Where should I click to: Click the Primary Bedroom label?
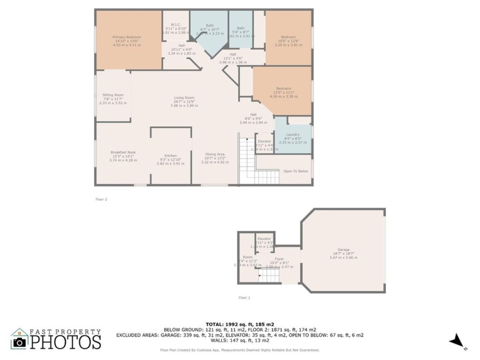(x=126, y=37)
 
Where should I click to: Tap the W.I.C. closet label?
(x=176, y=25)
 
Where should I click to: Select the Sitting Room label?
(x=113, y=95)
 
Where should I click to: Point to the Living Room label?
(x=184, y=98)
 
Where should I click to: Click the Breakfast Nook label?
(x=123, y=152)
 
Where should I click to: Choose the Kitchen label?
(x=170, y=155)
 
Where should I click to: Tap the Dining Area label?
(x=215, y=154)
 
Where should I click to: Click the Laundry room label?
(x=293, y=135)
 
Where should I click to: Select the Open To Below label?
(x=295, y=171)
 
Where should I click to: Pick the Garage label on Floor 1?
(x=343, y=250)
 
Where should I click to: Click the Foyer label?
(x=279, y=259)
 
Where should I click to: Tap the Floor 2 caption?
(x=101, y=199)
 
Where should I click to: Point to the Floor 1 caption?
(x=245, y=298)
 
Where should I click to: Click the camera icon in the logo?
(x=19, y=341)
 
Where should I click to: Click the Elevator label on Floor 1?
(x=264, y=239)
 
